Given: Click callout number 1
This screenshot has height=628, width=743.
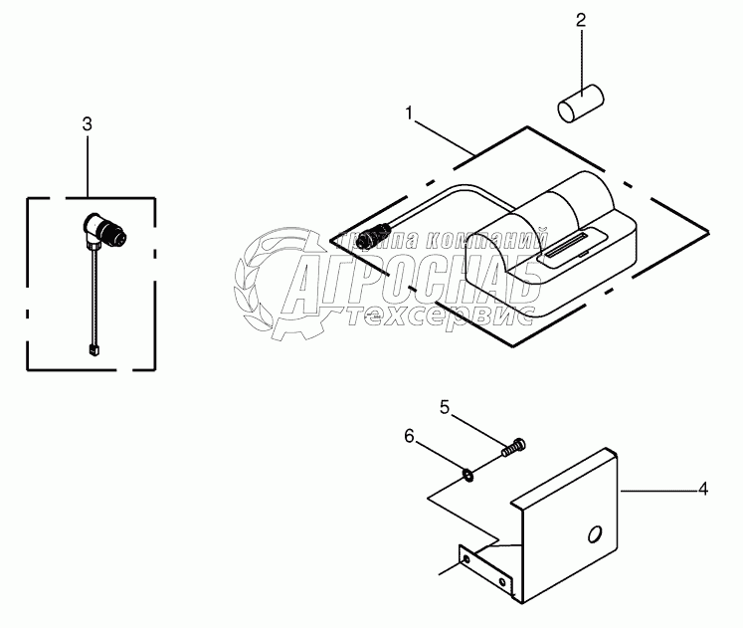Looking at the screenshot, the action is (409, 113).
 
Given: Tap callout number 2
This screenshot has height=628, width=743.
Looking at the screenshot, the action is (582, 19).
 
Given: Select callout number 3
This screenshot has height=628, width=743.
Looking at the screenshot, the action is (88, 123).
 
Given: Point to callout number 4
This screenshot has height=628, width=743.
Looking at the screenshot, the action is (702, 489).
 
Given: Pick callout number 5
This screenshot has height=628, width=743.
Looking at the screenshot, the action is (446, 406).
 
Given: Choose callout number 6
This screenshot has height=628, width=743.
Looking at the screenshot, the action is (408, 435).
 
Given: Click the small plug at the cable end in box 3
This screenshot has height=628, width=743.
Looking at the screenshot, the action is (93, 348).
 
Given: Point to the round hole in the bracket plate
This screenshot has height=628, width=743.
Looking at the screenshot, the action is (594, 535).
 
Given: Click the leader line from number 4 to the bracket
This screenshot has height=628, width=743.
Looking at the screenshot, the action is (656, 489).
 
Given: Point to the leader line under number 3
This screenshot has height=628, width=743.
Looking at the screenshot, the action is (88, 164).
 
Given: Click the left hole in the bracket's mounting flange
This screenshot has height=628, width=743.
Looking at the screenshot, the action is (465, 562).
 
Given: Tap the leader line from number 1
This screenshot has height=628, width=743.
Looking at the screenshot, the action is (444, 135).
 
